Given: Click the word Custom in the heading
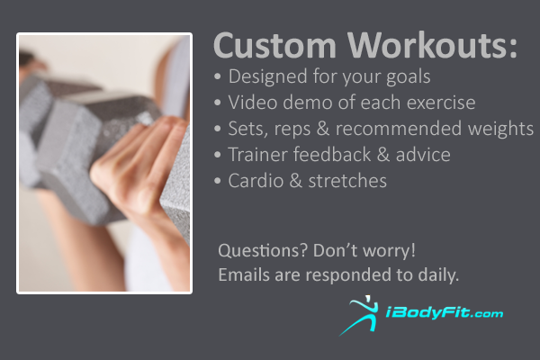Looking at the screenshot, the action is [x=274, y=45].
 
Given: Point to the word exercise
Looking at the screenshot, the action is [x=441, y=103].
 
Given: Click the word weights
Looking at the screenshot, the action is [x=500, y=129].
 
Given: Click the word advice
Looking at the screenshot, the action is [x=423, y=154].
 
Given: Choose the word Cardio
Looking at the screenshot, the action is [x=256, y=181].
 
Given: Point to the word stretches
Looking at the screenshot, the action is [x=347, y=181].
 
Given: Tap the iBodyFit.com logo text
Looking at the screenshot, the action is [x=445, y=313].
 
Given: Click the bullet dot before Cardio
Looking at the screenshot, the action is [x=217, y=181].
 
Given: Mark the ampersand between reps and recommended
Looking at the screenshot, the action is [x=323, y=129].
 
